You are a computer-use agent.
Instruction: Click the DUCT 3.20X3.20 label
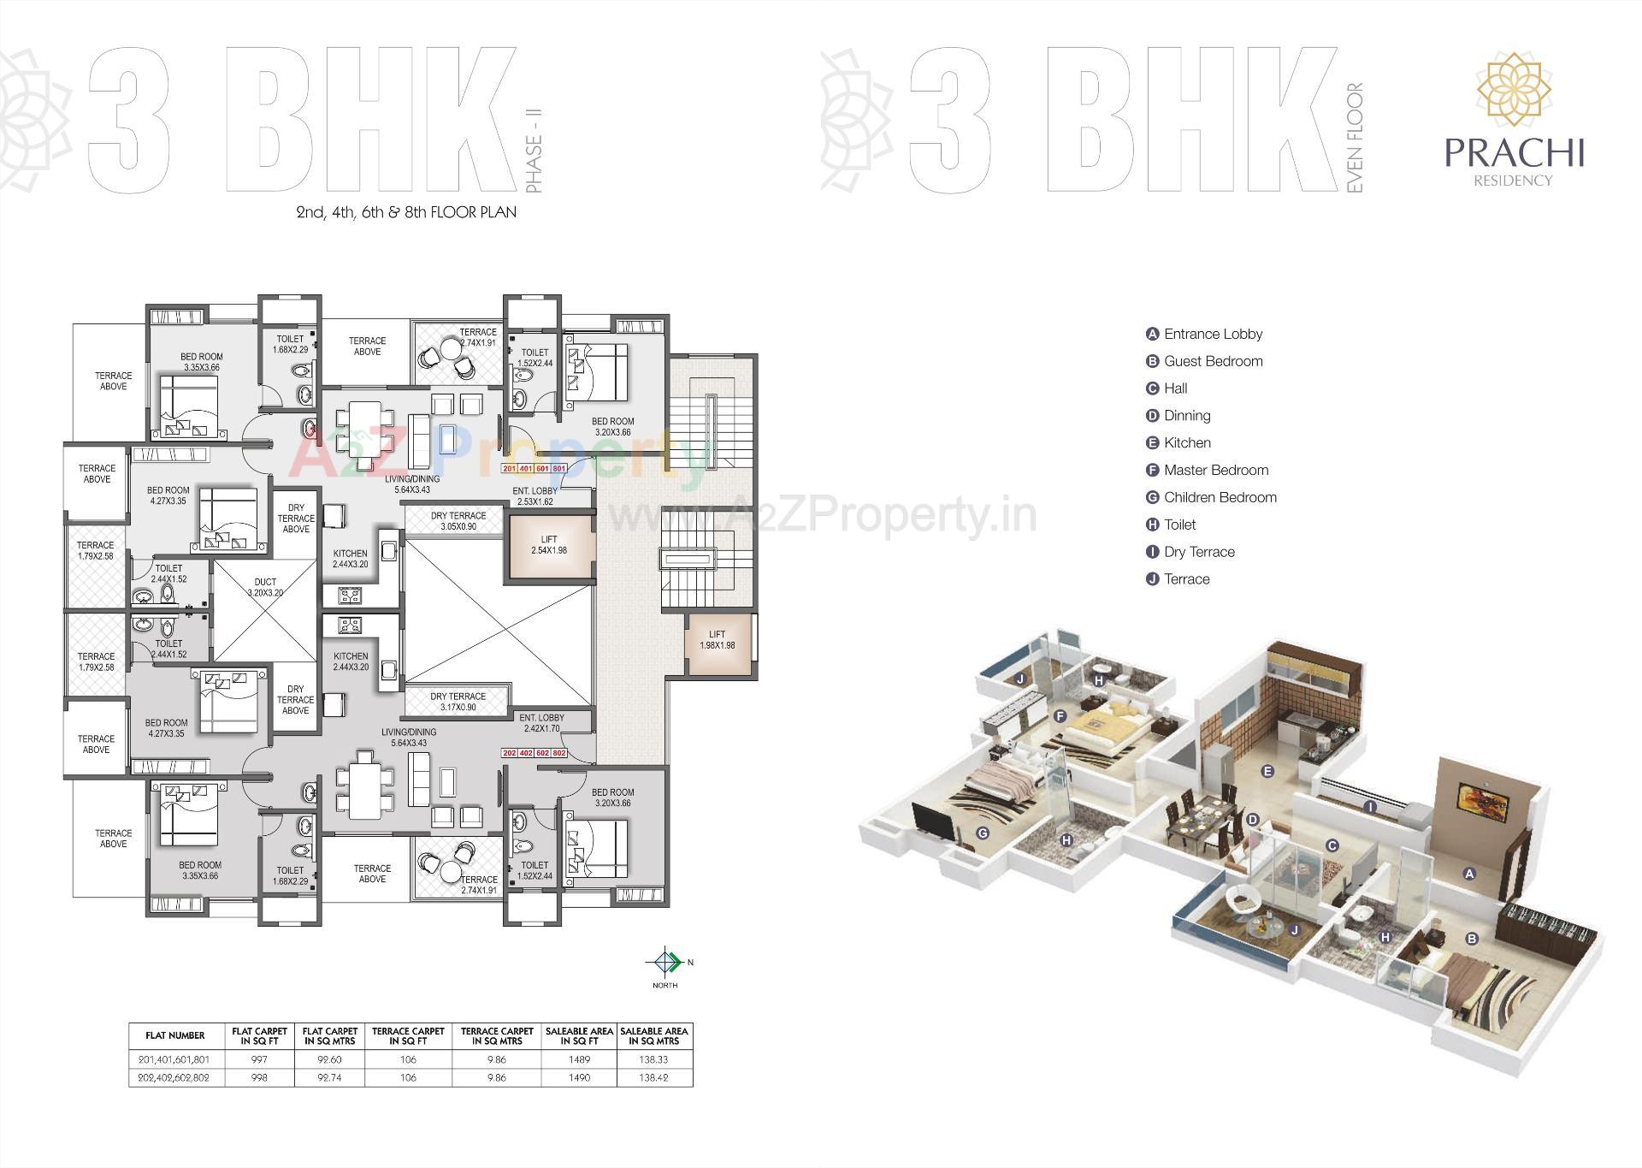pyautogui.click(x=265, y=587)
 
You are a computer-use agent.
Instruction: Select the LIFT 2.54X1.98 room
pyautogui.click(x=549, y=545)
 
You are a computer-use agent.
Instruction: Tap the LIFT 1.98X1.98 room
pyautogui.click(x=717, y=640)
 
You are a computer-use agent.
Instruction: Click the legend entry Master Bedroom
pyautogui.click(x=1215, y=470)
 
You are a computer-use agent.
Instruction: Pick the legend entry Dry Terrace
pyautogui.click(x=1199, y=552)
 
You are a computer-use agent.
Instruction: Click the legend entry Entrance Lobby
pyautogui.click(x=1212, y=334)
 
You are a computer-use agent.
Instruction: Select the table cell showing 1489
pyautogui.click(x=579, y=1059)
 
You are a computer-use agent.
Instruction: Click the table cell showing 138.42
pyautogui.click(x=653, y=1077)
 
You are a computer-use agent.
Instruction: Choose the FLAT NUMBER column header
pyautogui.click(x=175, y=1035)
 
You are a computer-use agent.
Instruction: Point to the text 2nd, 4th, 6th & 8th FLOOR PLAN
pyautogui.click(x=406, y=211)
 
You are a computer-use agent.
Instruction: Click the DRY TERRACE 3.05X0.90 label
pyautogui.click(x=458, y=521)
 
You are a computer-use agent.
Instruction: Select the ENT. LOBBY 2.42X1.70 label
pyautogui.click(x=540, y=723)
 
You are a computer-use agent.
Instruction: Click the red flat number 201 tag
pyautogui.click(x=510, y=469)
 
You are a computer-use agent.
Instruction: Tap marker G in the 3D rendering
pyautogui.click(x=983, y=833)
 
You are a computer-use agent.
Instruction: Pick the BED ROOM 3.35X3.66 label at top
pyautogui.click(x=202, y=362)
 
